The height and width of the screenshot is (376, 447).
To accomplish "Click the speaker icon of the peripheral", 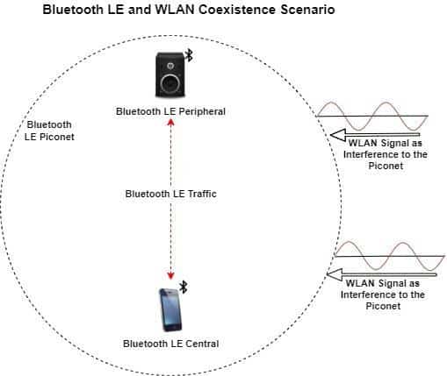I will (171, 74).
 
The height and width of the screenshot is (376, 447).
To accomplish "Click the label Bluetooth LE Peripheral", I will (171, 111).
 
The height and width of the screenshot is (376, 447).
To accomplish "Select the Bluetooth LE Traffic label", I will (171, 193).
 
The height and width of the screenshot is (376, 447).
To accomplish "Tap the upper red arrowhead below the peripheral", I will (171, 122).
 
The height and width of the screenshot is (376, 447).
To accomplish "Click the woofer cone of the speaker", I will (171, 84).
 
